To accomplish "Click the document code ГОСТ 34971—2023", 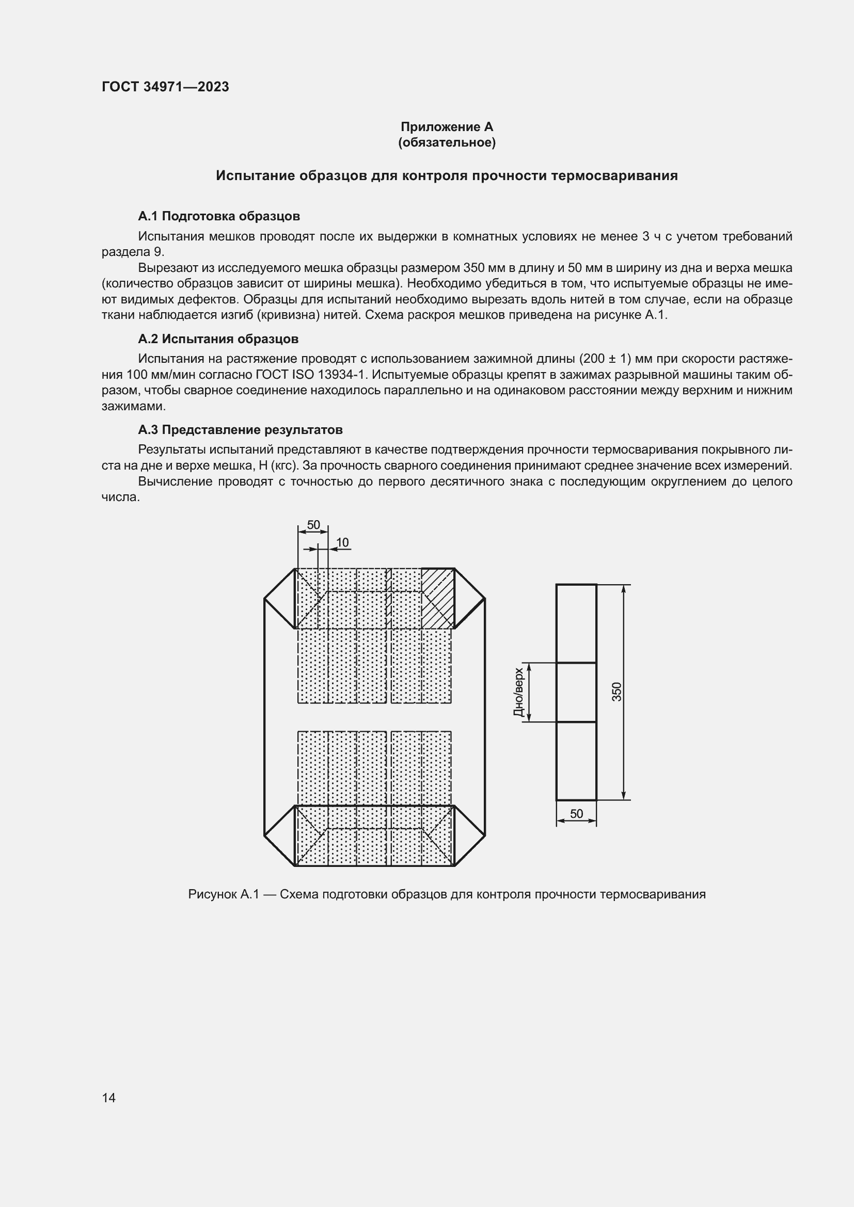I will coord(165,87).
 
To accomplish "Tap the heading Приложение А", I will coord(447,127).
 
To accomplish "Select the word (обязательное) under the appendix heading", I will coord(447,142).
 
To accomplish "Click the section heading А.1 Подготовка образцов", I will coord(219,216).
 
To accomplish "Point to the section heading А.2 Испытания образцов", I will coord(218,339).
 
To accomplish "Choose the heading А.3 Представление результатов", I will coord(240,430).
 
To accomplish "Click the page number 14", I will coord(109,1098).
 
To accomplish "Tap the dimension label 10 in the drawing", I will coord(342,542).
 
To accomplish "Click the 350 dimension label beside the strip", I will coord(617,692).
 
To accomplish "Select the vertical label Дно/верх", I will coord(519,693).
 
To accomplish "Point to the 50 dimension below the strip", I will coord(576,814).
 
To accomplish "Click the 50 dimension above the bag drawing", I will coord(313,525).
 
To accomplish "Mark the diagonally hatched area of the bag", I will coord(438,598).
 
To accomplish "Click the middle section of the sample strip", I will coord(576,693).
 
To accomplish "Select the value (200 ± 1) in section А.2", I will coord(604,359).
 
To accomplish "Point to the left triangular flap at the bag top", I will coord(280,599).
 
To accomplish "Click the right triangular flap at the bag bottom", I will coord(468,835).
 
